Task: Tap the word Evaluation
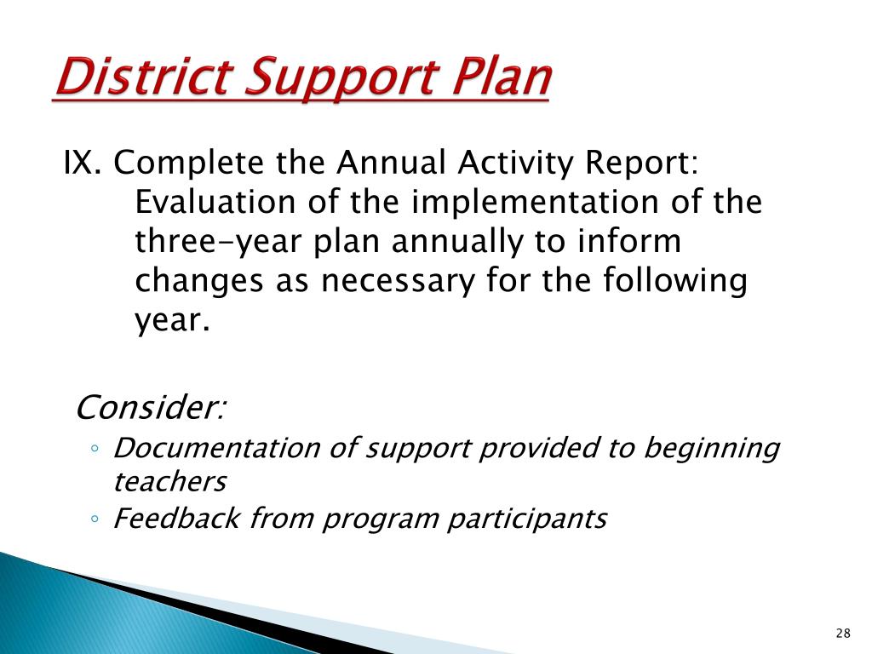click(x=215, y=201)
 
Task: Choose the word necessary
click(x=398, y=281)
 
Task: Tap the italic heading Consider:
click(x=151, y=407)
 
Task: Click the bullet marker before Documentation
click(x=95, y=448)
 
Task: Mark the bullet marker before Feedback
click(x=95, y=519)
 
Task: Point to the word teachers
click(x=169, y=482)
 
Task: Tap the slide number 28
click(x=843, y=633)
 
